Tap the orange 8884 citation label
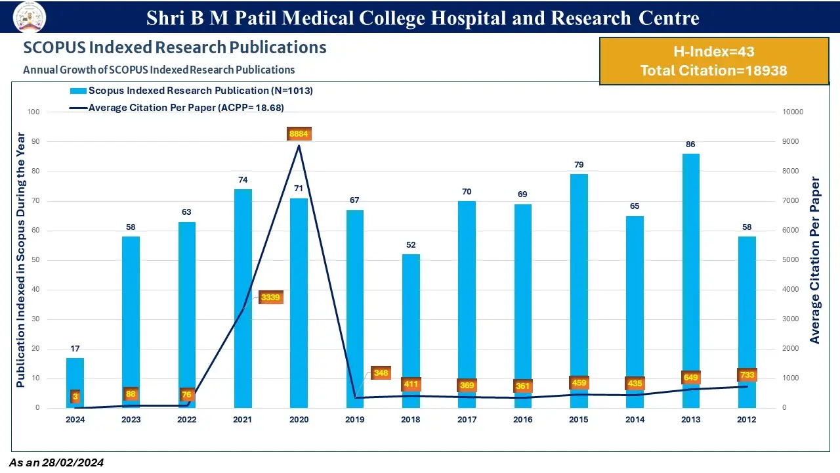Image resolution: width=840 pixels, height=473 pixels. click(x=299, y=134)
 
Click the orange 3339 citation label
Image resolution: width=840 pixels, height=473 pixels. click(x=270, y=298)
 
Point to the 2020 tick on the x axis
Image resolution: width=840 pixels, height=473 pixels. click(x=299, y=420)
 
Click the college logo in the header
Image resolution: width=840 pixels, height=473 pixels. click(x=30, y=16)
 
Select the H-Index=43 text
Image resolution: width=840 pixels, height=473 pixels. click(x=714, y=52)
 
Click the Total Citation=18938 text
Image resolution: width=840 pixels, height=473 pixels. click(x=714, y=70)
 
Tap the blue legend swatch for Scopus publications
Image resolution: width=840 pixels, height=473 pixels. click(x=77, y=91)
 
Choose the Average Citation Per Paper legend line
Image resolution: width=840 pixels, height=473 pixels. click(x=77, y=108)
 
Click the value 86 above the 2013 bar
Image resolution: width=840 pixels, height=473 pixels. click(x=690, y=145)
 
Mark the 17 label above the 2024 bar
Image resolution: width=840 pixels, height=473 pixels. click(x=75, y=349)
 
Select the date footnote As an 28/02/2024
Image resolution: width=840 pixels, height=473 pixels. click(x=56, y=463)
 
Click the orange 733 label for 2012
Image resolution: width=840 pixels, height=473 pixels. click(x=747, y=375)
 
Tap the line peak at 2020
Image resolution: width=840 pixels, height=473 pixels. click(x=299, y=146)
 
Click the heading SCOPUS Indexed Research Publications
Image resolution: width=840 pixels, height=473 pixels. click(x=175, y=48)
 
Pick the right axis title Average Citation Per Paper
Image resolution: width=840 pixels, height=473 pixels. click(x=815, y=260)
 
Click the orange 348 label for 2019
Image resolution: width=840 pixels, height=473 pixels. click(x=381, y=373)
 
